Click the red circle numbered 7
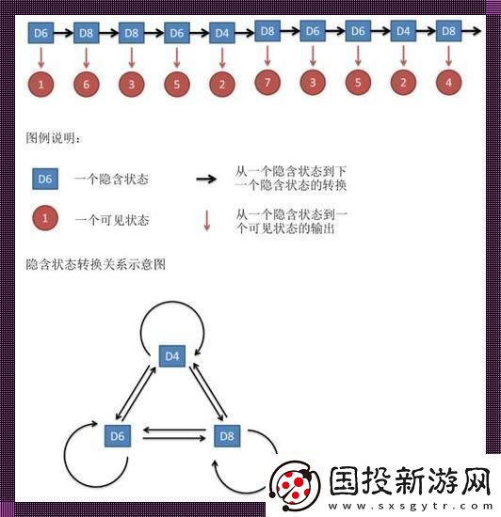point(267,83)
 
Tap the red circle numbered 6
point(87,85)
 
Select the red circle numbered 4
point(448,83)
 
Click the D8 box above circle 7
point(267,31)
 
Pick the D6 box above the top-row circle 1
point(40,33)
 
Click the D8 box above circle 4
point(448,31)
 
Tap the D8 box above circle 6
point(87,33)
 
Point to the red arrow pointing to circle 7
point(267,56)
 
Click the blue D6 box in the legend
point(44,178)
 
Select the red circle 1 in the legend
point(44,220)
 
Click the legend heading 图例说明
point(54,138)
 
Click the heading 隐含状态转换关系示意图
point(96,264)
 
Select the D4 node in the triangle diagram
point(172,356)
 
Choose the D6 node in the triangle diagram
point(117,436)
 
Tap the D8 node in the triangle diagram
point(227,436)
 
